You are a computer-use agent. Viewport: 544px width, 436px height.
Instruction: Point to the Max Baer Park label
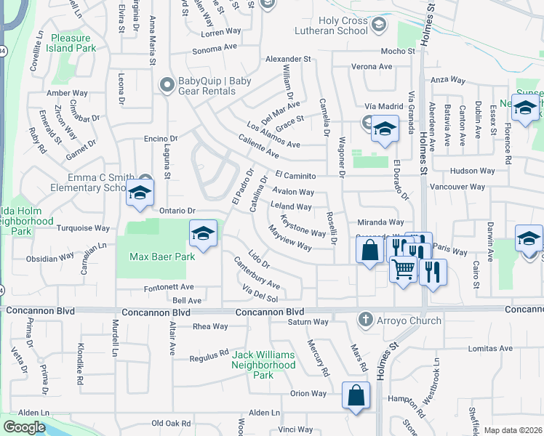(161, 257)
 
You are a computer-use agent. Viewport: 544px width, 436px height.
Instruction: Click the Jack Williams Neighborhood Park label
(263, 365)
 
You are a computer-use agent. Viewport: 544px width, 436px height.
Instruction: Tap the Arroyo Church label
(408, 320)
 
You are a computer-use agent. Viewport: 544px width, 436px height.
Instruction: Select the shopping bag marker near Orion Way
(355, 395)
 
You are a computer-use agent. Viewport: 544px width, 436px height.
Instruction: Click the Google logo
(24, 427)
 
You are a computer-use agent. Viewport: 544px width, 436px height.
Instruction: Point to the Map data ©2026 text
(512, 430)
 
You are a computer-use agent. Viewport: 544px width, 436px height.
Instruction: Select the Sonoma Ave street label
(215, 51)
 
